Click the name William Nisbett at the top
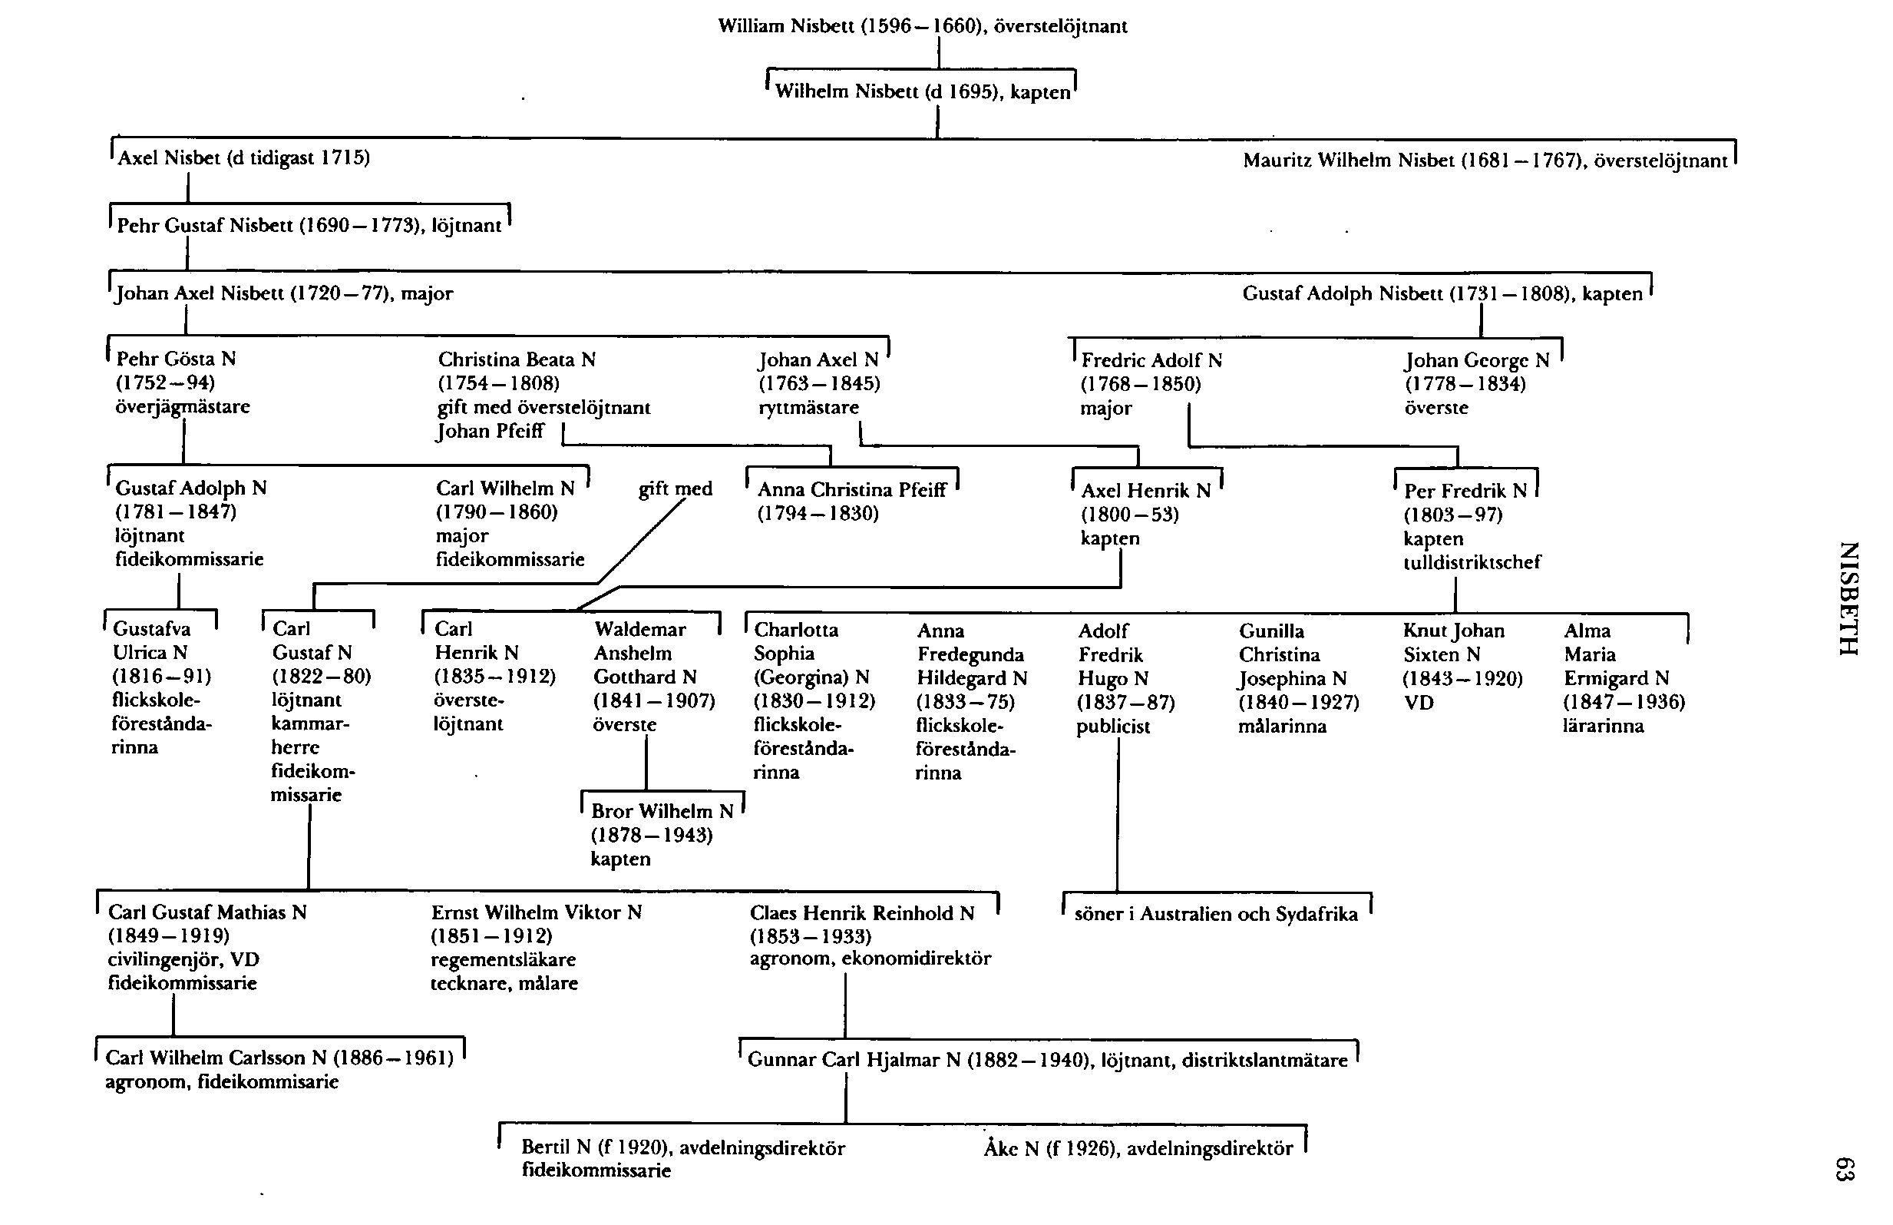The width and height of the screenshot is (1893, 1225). coord(785,27)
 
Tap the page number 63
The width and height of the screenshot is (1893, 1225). coord(1845,1169)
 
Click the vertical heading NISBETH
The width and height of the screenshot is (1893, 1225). coord(1849,598)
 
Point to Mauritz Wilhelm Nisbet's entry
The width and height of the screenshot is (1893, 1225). coord(1485,161)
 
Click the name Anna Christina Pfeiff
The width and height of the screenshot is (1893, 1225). coord(851,490)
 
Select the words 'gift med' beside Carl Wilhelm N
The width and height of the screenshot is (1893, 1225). coord(675,488)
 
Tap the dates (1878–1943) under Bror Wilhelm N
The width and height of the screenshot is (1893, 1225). coord(651,836)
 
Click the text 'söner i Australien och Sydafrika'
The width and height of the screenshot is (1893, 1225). coord(1216,914)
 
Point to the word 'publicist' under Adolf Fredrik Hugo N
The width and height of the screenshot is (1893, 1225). coord(1113,727)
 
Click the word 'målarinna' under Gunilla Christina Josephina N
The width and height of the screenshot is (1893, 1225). coord(1282,727)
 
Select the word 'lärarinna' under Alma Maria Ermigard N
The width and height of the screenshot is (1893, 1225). coord(1603,726)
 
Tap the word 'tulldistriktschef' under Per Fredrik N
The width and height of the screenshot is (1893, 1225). coord(1472,562)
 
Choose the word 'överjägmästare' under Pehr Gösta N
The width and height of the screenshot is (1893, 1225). coord(183,407)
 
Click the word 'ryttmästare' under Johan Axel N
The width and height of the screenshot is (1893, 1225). coord(808,408)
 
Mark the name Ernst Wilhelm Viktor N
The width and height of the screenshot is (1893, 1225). coord(536,912)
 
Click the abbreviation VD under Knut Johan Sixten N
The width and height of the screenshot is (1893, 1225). coord(1419,704)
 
